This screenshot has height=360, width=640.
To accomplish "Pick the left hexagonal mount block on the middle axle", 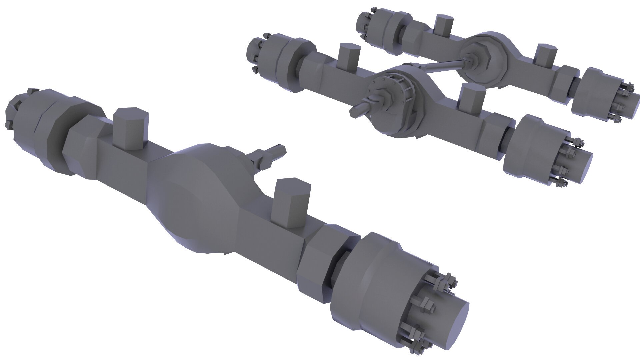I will pyautogui.click(x=348, y=57).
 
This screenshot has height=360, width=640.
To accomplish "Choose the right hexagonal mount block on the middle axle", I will pyautogui.click(x=472, y=98).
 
